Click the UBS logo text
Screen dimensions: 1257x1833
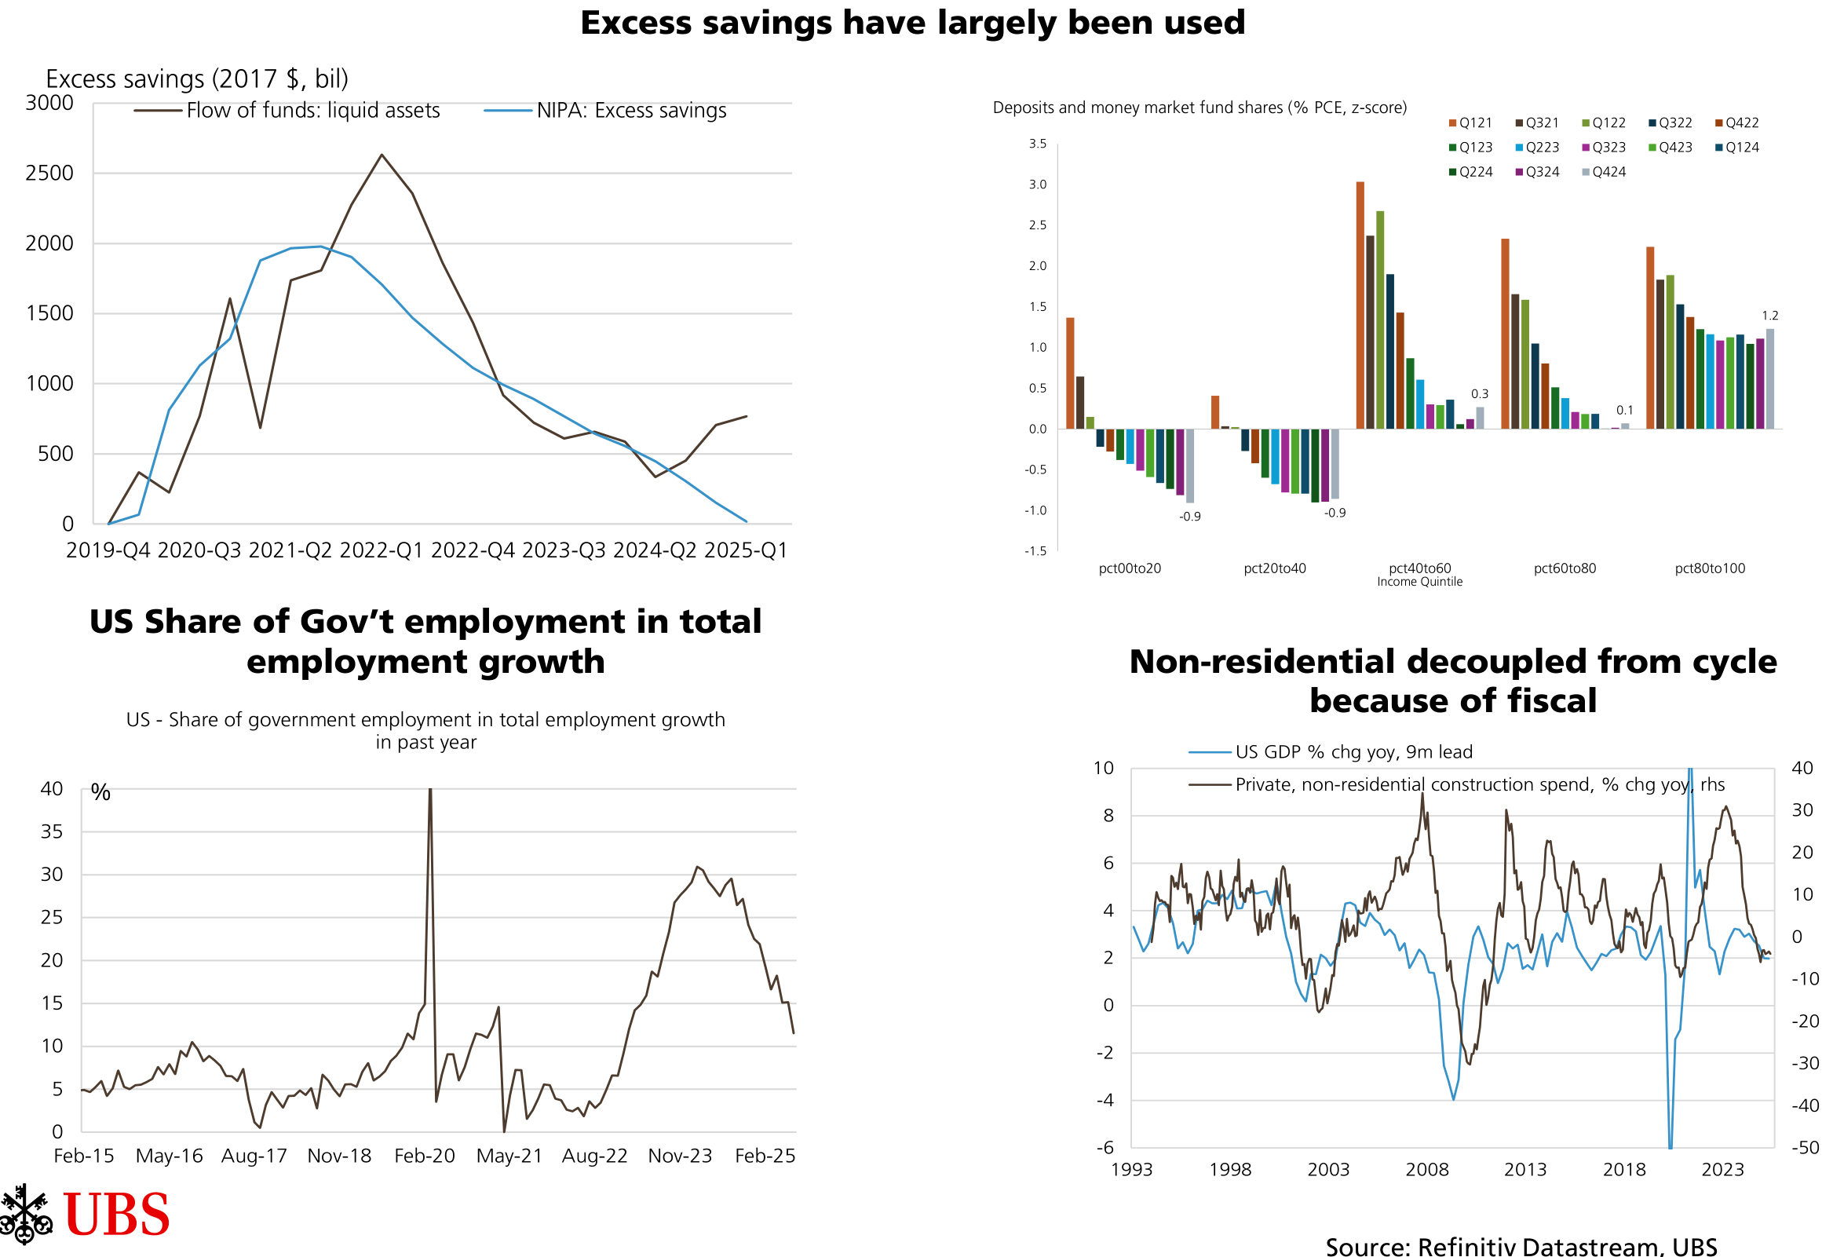tap(117, 1215)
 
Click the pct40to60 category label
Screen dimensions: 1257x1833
tap(1419, 568)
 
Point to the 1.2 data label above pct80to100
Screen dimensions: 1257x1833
tap(1770, 316)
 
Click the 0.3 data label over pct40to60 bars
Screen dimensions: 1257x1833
tap(1480, 394)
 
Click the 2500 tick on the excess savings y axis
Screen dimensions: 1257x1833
tap(49, 174)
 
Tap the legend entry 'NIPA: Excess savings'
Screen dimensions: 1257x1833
tap(631, 111)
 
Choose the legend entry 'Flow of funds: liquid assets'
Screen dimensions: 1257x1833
tap(312, 111)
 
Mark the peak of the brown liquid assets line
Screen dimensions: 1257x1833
tap(382, 155)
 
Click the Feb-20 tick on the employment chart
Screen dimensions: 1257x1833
tap(425, 1156)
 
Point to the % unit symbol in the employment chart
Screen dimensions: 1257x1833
tap(101, 792)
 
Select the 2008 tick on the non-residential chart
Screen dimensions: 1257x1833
tap(1427, 1169)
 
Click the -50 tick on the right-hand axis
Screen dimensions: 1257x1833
tap(1805, 1148)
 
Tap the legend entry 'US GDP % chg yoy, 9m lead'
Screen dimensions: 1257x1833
tap(1353, 752)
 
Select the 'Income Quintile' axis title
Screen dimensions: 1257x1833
tap(1419, 583)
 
